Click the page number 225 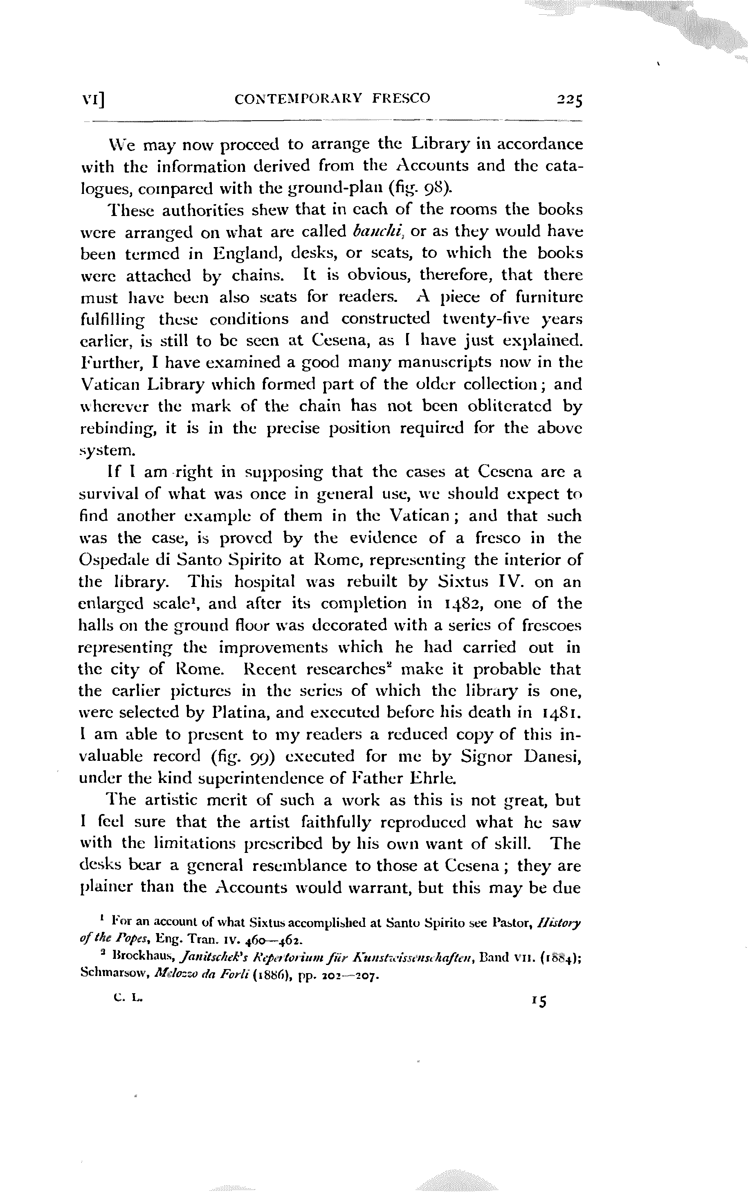pyautogui.click(x=569, y=100)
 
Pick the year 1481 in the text pyautogui.click(x=562, y=713)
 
